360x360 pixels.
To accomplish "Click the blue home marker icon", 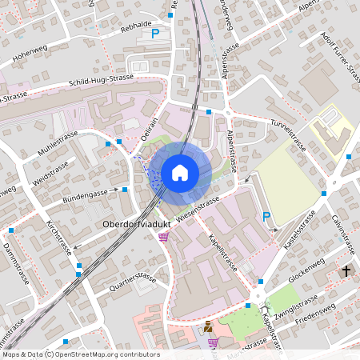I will [180, 173].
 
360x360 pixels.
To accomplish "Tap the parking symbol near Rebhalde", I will [156, 34].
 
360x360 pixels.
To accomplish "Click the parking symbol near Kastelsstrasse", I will [266, 215].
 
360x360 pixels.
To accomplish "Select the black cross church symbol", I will [346, 272].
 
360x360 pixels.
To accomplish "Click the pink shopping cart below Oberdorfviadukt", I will [163, 237].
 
